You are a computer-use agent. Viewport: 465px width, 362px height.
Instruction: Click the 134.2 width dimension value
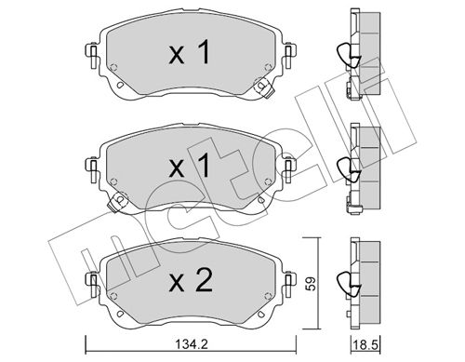coord(192,344)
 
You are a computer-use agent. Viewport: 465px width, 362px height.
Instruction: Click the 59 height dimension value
coord(312,283)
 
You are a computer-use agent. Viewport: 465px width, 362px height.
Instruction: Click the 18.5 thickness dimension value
coord(365,344)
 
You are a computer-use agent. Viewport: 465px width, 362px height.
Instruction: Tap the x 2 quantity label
coord(191,280)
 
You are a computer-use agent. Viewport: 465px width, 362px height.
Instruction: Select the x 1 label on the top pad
coord(190,53)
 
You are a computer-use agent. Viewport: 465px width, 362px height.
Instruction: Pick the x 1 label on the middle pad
coord(190,167)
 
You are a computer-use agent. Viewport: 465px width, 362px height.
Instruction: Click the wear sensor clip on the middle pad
coord(117,201)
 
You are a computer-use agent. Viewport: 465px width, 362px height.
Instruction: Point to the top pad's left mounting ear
coord(92,56)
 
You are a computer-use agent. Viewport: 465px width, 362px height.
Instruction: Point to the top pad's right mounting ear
coord(289,56)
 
